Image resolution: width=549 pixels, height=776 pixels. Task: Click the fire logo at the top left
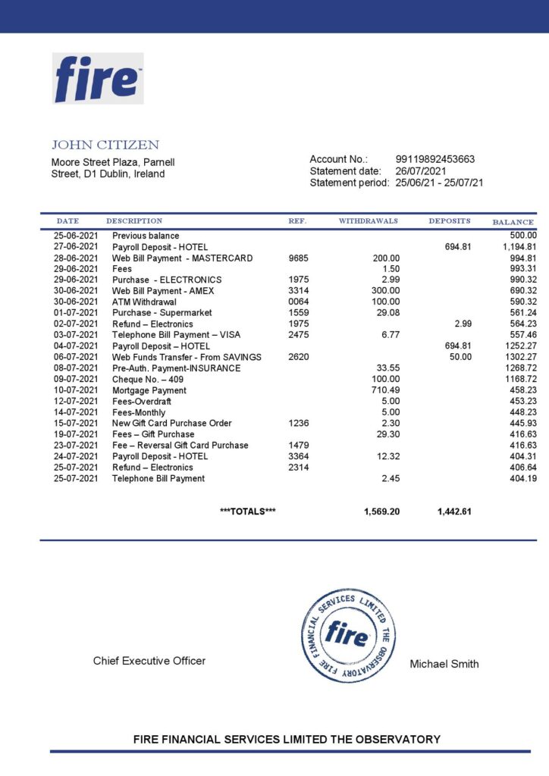click(x=98, y=78)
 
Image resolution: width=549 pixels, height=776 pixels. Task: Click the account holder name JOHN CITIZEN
click(x=105, y=145)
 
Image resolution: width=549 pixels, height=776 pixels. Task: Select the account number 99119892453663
click(x=435, y=159)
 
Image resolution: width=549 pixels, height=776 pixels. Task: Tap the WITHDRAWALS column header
click(x=368, y=221)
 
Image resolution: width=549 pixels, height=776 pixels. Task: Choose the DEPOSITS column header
click(x=450, y=221)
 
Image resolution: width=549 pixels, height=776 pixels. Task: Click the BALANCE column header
click(x=513, y=222)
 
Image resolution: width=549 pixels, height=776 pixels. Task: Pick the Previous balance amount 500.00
click(x=523, y=236)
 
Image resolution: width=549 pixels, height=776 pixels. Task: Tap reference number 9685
click(x=299, y=258)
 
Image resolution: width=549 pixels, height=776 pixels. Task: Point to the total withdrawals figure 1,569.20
click(x=381, y=512)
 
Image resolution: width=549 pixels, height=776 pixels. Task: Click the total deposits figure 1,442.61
click(x=454, y=512)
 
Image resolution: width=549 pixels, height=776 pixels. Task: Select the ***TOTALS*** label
click(x=247, y=512)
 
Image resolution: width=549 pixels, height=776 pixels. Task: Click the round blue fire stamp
click(x=347, y=634)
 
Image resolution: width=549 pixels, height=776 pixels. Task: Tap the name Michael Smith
click(x=444, y=664)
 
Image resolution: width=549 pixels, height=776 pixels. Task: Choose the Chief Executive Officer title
click(x=149, y=661)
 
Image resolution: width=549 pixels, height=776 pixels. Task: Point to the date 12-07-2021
click(x=76, y=401)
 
